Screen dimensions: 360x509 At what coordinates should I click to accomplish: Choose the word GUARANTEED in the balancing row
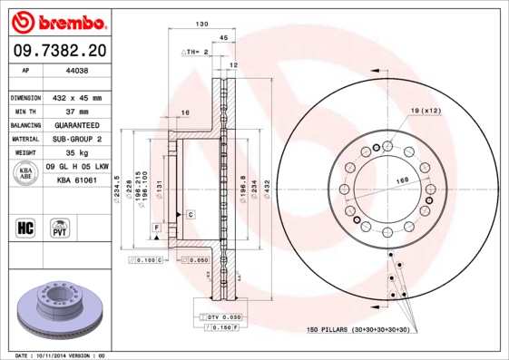(76, 125)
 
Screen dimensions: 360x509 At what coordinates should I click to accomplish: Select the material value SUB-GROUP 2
(76, 139)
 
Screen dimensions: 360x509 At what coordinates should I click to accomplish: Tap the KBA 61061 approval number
(76, 180)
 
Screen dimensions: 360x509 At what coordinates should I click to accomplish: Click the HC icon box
(26, 228)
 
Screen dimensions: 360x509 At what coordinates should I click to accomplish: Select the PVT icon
(61, 228)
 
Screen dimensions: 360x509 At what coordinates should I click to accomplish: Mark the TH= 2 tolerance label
(195, 53)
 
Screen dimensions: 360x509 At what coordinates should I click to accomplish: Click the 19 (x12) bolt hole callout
(425, 110)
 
